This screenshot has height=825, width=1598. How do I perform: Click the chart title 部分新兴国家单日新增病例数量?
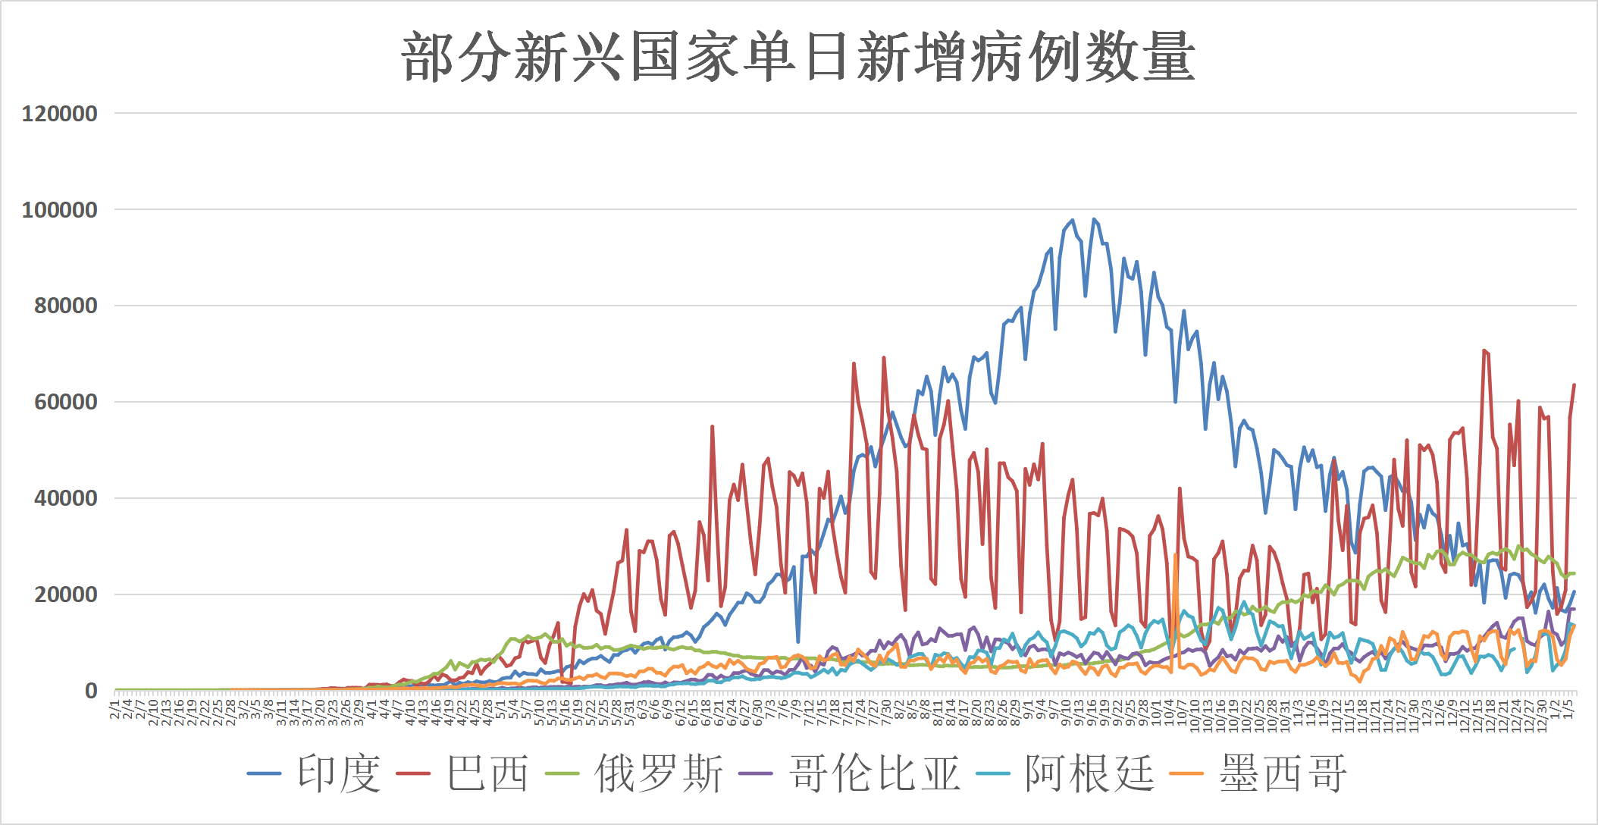(x=798, y=58)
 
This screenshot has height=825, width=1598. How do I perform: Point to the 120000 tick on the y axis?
(x=60, y=114)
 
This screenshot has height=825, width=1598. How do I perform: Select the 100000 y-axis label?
(x=60, y=210)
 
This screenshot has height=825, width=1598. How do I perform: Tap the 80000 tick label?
(x=66, y=306)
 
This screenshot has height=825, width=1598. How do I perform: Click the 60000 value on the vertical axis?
(x=66, y=403)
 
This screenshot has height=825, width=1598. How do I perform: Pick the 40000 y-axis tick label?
(x=66, y=499)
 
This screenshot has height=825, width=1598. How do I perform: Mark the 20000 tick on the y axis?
(x=66, y=595)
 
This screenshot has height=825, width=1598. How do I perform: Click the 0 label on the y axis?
(x=91, y=691)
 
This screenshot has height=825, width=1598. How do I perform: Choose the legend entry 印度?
(x=338, y=773)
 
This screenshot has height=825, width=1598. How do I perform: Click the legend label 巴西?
(x=487, y=773)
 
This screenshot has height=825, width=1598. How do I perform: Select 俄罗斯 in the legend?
(x=659, y=773)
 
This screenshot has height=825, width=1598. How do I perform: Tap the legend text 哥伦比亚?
(x=874, y=773)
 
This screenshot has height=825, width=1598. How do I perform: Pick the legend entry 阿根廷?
(x=1089, y=773)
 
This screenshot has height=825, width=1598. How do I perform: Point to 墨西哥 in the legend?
(x=1283, y=773)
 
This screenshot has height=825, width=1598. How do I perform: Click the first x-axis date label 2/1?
(x=115, y=710)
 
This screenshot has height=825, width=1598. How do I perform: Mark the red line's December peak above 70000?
(x=1484, y=350)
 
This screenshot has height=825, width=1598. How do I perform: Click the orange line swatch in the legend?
(x=1186, y=773)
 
